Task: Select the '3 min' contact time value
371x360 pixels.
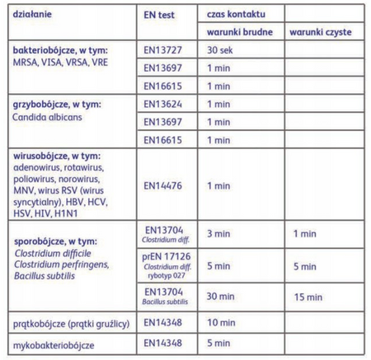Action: coord(218,235)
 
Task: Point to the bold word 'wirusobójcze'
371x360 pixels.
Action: coord(41,156)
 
